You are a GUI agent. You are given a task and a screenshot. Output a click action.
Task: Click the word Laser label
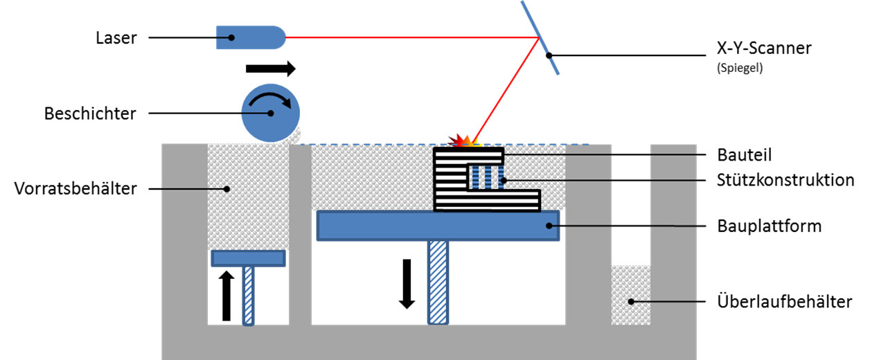[116, 37]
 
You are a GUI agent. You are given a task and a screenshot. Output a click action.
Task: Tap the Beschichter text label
[91, 113]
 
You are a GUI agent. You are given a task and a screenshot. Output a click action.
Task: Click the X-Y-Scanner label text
[764, 48]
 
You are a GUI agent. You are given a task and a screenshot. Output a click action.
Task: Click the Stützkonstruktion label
[785, 181]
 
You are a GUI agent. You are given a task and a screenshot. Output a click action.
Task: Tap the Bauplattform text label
[769, 226]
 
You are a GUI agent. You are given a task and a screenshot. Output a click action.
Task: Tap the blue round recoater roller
[270, 114]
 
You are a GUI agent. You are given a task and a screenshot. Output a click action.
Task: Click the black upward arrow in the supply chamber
[227, 296]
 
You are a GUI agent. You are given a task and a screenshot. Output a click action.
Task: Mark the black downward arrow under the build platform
[407, 283]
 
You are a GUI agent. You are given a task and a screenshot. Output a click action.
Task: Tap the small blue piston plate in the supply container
[248, 258]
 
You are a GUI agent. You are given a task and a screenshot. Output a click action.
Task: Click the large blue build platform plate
[438, 226]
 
